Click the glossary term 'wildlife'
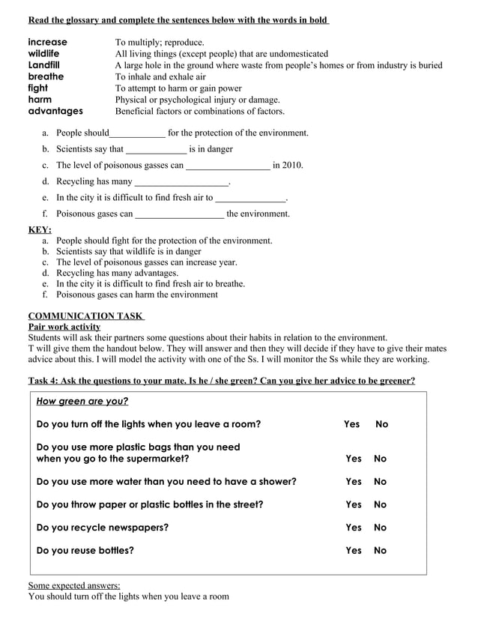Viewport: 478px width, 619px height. pyautogui.click(x=43, y=54)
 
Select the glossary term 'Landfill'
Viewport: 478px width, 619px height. pyautogui.click(x=44, y=65)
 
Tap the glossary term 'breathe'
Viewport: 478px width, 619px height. pyautogui.click(x=46, y=76)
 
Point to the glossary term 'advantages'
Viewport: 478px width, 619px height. pyautogui.click(x=55, y=111)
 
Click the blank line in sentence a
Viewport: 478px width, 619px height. pyautogui.click(x=137, y=133)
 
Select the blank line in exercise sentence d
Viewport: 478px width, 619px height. pyautogui.click(x=181, y=181)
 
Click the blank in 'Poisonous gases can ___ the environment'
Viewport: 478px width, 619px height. pyautogui.click(x=179, y=214)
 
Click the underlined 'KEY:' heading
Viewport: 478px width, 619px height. pyautogui.click(x=40, y=229)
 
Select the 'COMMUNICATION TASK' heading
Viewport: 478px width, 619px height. pyautogui.click(x=85, y=315)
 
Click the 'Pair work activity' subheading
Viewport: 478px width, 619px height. pyautogui.click(x=64, y=327)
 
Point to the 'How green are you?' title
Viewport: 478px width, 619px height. pyautogui.click(x=82, y=401)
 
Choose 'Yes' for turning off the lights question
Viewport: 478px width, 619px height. pyautogui.click(x=352, y=424)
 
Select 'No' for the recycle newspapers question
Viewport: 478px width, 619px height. pyautogui.click(x=381, y=528)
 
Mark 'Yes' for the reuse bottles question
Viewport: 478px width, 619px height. pyautogui.click(x=354, y=551)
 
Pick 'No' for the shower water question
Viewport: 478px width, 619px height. pyautogui.click(x=381, y=482)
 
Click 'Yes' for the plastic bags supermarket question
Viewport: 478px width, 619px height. pyautogui.click(x=354, y=459)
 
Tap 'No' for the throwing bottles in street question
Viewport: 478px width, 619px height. pyautogui.click(x=381, y=504)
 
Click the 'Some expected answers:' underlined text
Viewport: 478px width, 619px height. pyautogui.click(x=73, y=585)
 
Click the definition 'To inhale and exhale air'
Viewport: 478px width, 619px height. pyautogui.click(x=160, y=76)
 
